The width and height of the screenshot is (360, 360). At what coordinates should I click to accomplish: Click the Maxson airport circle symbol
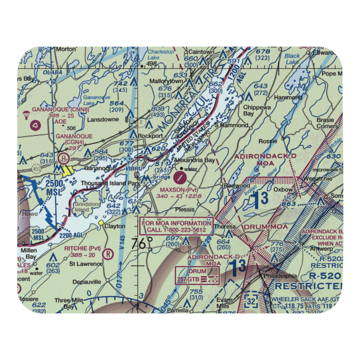[180, 177]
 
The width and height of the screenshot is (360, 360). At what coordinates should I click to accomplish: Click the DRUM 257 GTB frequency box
[197, 275]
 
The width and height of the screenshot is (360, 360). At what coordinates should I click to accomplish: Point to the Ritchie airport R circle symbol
[107, 254]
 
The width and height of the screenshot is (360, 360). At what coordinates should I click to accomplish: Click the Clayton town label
[114, 226]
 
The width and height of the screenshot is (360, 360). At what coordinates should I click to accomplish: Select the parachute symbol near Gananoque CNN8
[26, 115]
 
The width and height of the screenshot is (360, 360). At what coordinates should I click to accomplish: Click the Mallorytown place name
[166, 81]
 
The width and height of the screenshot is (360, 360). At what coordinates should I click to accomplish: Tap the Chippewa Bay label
[253, 110]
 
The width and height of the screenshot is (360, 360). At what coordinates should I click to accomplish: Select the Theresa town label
[225, 227]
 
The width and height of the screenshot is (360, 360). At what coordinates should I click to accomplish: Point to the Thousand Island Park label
[103, 183]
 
